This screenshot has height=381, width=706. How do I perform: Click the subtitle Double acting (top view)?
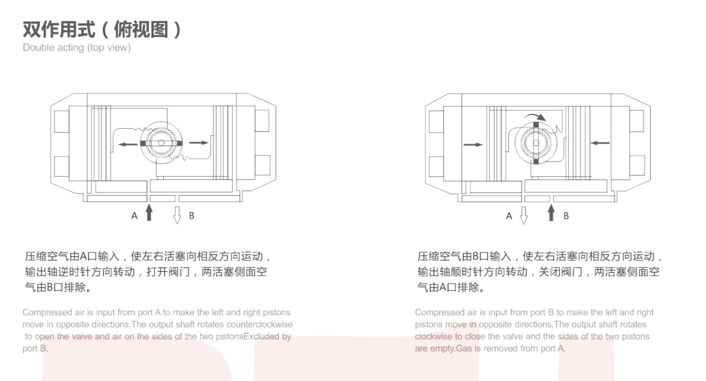point(77,47)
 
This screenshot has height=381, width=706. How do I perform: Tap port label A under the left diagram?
point(135,215)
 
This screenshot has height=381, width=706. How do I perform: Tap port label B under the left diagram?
point(191,215)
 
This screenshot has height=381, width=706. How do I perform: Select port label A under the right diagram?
point(509,215)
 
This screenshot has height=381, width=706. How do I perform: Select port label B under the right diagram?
point(566,215)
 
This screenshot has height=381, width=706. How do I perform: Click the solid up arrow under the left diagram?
point(150,213)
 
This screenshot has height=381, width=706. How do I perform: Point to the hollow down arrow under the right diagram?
point(524,214)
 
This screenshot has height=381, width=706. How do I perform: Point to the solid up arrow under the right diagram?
point(551,213)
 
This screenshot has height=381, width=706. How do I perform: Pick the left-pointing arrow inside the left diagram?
point(127,143)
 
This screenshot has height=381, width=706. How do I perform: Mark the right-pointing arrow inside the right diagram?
point(473,144)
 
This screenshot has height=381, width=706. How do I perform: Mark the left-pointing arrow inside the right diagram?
point(600,143)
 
